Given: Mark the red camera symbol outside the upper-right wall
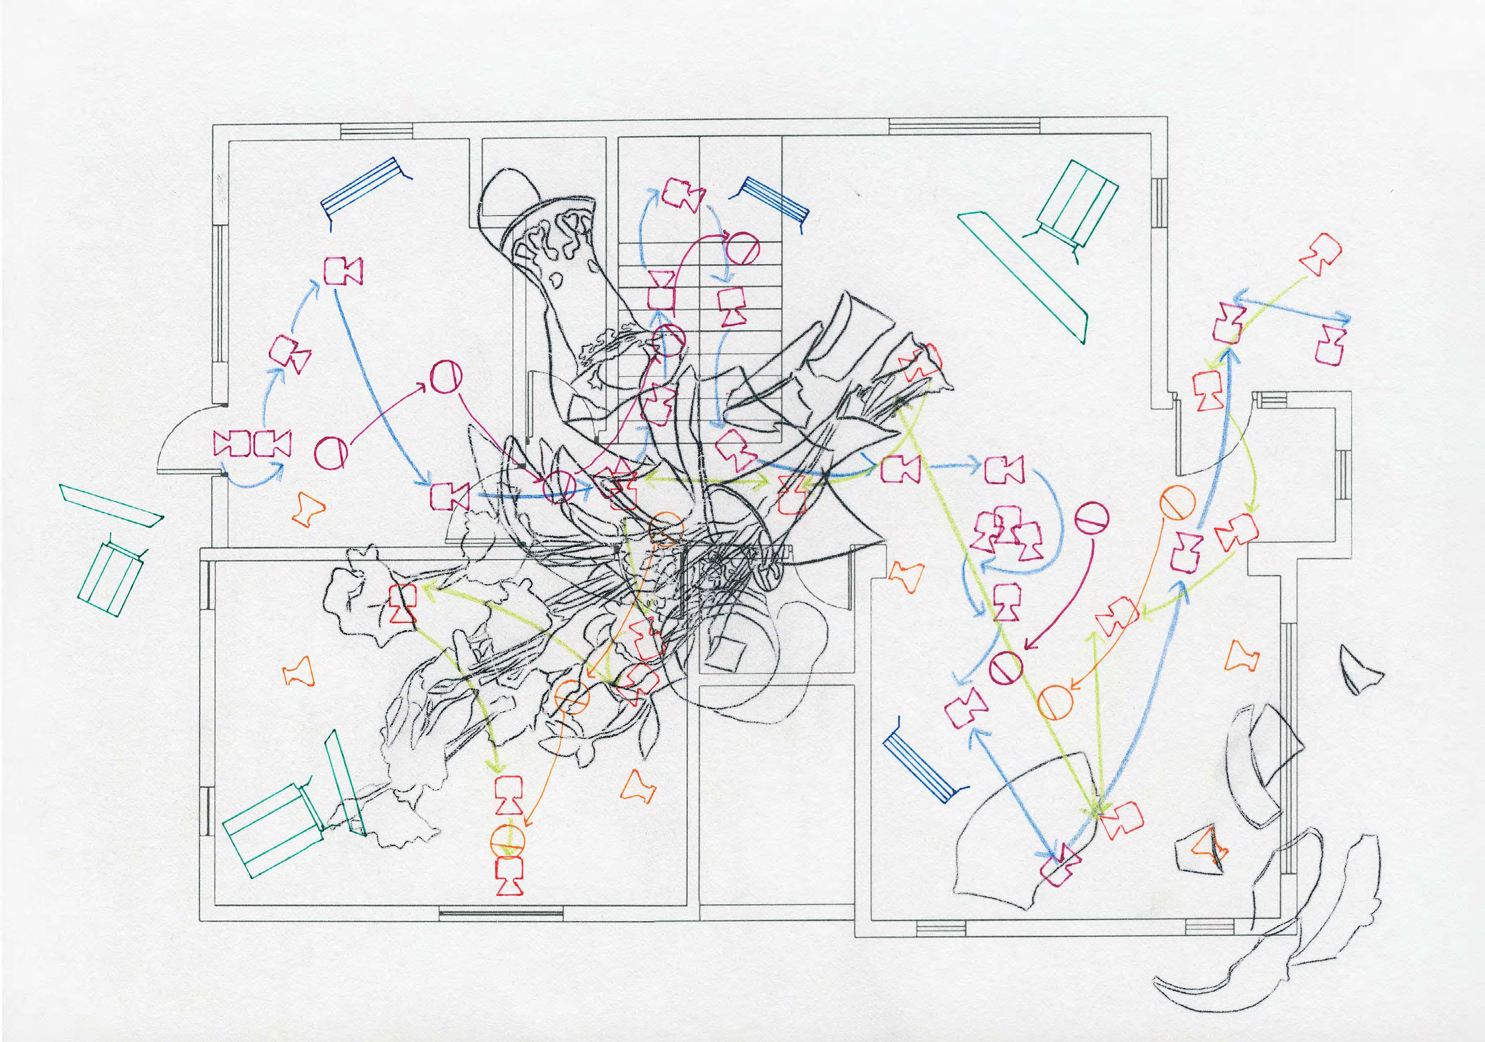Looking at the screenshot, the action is [x=1320, y=254].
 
